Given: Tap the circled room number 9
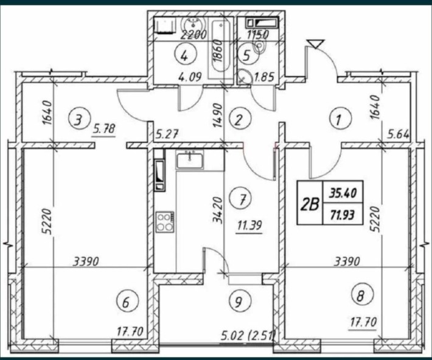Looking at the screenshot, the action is (239, 301).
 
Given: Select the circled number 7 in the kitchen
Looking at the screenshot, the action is (242, 199).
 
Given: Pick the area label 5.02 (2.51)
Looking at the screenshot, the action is (248, 336).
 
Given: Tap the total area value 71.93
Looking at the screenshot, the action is (343, 215).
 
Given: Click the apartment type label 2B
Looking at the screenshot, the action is (310, 204).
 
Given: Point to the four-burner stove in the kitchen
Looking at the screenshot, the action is (165, 222).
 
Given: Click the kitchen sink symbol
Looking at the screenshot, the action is (190, 161).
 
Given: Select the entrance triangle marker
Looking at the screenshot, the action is (316, 44).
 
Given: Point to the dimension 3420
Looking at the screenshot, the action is (218, 210).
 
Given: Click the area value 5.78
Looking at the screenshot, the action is (103, 129).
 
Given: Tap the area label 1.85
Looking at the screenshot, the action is (265, 77).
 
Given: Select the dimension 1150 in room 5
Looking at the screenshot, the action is (257, 35).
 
